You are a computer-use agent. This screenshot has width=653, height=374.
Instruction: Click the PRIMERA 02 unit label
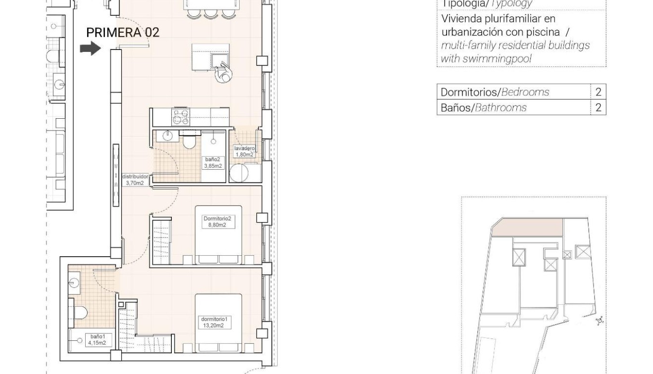(x=123, y=33)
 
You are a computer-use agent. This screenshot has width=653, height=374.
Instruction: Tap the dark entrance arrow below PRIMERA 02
(x=90, y=48)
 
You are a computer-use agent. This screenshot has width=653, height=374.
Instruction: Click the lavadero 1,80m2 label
(x=245, y=151)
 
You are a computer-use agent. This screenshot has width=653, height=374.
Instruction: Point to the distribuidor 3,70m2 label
(x=135, y=180)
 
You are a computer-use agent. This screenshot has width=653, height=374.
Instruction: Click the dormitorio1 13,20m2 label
(x=214, y=322)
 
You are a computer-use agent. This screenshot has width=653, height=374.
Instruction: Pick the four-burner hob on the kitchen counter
(x=180, y=117)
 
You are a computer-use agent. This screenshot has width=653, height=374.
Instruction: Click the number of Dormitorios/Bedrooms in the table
(x=598, y=92)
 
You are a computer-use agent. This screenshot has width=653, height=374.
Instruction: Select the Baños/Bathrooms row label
(x=483, y=107)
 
